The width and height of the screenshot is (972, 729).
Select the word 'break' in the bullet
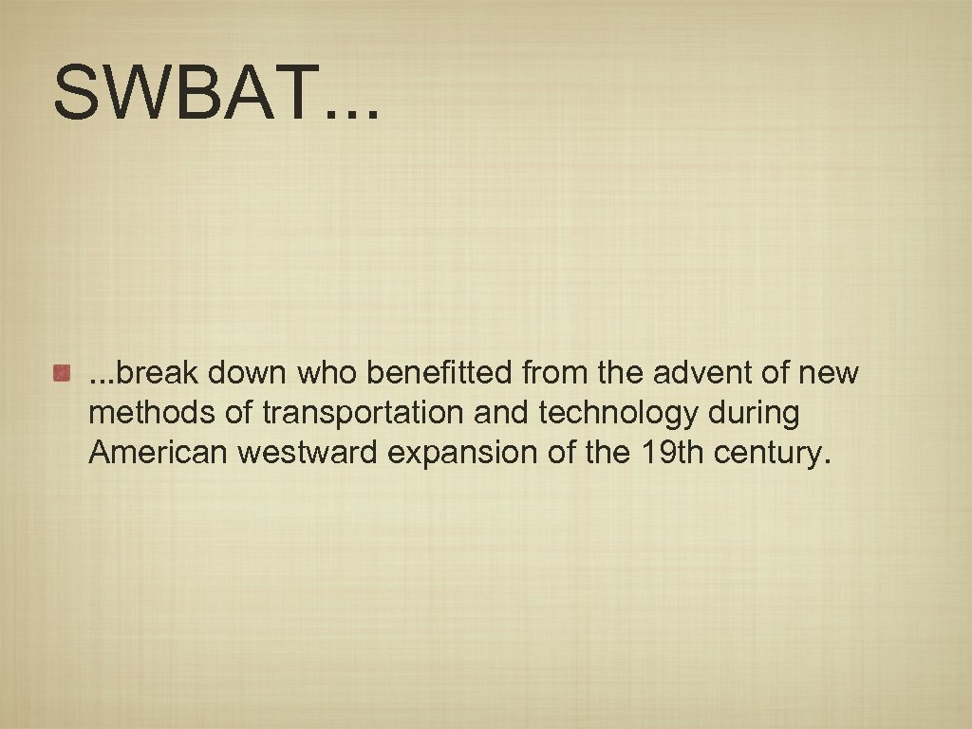pos(157,373)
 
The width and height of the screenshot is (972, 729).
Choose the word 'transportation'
pos(361,413)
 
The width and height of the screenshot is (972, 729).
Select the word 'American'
pos(158,453)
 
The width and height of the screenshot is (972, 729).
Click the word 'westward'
pos(308,453)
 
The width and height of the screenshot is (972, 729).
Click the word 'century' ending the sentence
pos(769,454)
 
